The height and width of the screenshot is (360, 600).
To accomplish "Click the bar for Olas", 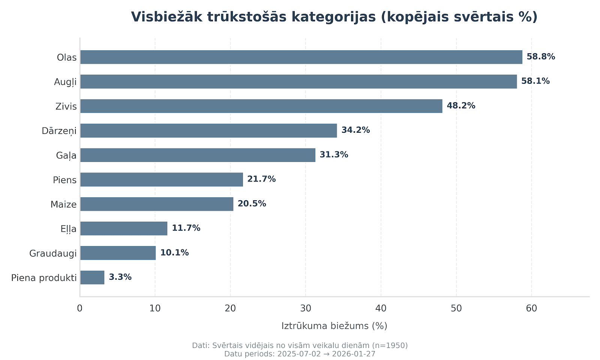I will coord(301,57).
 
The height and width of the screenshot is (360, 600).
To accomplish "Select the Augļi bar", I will coord(298,81).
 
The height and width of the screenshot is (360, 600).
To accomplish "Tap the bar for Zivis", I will coord(261,106).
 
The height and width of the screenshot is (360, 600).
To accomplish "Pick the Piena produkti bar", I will coord(92,277).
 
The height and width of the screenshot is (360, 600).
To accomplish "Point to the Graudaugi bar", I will coord(118,253).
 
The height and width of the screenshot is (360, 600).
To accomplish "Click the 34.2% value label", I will coord(355,130).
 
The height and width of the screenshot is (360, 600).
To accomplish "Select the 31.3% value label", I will coord(334,155).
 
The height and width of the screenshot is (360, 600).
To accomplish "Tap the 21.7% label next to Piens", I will coord(261,179).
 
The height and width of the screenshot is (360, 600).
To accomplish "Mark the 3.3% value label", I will coord(120,277).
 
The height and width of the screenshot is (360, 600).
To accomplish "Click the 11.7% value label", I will coord(186,228).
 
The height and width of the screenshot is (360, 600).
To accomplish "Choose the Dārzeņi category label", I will coord(59,131).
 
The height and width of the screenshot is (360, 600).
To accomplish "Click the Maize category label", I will coord(63,204).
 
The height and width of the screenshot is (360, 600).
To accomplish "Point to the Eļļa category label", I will coord(68,229).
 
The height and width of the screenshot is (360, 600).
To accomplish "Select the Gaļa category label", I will coord(66,155).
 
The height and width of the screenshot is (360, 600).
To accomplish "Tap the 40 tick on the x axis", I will coord(381,309).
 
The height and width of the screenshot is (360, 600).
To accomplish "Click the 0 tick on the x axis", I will coord(80,309).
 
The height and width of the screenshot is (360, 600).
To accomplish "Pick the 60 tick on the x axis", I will coord(531,309).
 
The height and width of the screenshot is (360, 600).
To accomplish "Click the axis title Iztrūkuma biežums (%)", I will coord(334,326).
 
